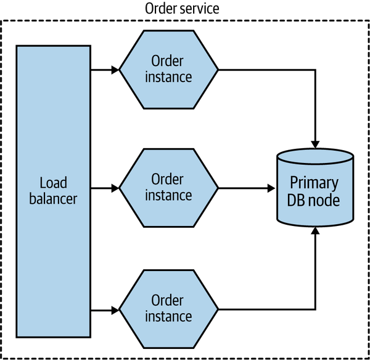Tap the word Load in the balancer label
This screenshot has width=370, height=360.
click(x=53, y=183)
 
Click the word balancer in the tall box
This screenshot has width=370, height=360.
click(x=53, y=199)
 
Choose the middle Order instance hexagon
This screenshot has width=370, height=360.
click(x=168, y=187)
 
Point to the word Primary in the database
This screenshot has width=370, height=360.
click(x=315, y=183)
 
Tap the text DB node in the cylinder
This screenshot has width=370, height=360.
click(x=315, y=199)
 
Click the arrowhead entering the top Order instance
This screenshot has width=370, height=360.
click(x=115, y=69)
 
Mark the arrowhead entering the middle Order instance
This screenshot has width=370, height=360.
click(x=115, y=187)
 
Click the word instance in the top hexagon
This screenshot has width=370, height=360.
click(x=168, y=77)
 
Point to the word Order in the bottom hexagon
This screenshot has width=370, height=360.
click(x=168, y=299)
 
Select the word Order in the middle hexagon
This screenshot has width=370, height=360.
click(x=168, y=179)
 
